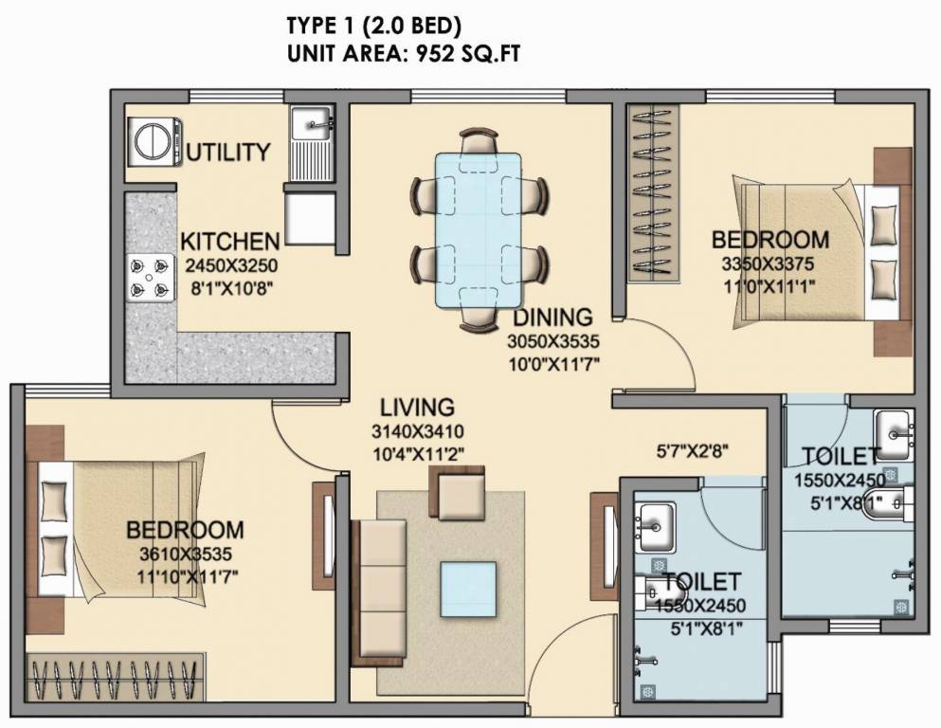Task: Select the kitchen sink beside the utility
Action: point(312,124)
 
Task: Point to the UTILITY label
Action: point(228,152)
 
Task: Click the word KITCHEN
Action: point(230,241)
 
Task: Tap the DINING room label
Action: point(554,318)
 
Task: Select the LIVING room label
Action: point(417,408)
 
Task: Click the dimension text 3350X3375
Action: point(769,263)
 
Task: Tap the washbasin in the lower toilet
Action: point(655,523)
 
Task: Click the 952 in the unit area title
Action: point(422,53)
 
